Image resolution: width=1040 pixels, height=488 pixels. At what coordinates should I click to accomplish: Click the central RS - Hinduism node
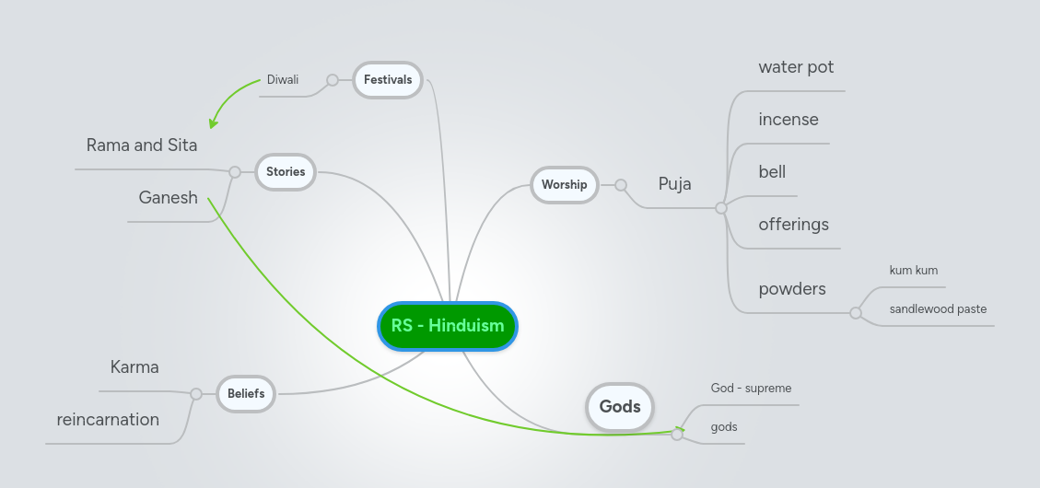pos(448,326)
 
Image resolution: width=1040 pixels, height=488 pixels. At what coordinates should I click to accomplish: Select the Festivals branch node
pos(388,80)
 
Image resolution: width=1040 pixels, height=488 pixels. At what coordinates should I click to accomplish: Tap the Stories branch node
pos(286,171)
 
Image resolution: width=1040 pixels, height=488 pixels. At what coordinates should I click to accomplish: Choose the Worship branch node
pos(564,184)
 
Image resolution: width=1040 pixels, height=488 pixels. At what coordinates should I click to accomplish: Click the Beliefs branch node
pos(246,394)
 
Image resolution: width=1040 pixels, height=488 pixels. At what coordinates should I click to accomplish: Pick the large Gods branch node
pos(620,407)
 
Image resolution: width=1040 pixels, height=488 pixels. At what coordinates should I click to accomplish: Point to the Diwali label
pos(283,80)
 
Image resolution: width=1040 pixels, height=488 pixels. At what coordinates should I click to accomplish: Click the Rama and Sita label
pos(142,145)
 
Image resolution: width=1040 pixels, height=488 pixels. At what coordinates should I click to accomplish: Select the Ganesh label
pos(168,198)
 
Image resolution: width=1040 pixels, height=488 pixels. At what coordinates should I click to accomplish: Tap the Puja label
pos(674,184)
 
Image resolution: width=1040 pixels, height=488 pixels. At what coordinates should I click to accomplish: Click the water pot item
pos(796,67)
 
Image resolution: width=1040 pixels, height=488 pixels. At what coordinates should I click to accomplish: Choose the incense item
pos(789,120)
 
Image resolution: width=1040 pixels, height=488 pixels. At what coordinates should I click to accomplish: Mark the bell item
pos(772,172)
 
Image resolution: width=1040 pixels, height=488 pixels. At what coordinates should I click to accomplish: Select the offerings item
pos(793,225)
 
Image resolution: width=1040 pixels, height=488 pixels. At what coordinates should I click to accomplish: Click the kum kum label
pos(913,271)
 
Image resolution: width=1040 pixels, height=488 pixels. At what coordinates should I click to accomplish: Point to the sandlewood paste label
pos(938,309)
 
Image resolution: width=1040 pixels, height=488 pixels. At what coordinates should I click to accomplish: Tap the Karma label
pos(134,367)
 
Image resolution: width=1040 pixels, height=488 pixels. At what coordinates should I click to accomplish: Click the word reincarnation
pos(108,420)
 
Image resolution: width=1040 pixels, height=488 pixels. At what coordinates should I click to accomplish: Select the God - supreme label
pos(751,389)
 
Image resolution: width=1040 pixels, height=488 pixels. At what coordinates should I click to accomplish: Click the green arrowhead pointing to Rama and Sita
pos(214,122)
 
